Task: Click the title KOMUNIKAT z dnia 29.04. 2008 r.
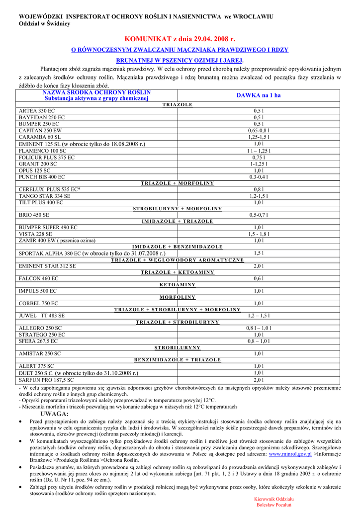point(180,39)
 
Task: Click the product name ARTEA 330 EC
point(37,111)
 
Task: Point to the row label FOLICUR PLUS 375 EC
point(47,157)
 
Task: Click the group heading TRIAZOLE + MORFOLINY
point(178,183)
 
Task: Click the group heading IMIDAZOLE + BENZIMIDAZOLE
point(178,247)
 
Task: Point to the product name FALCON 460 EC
point(38,279)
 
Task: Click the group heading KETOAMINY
point(178,285)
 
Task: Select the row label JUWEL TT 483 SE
point(42,316)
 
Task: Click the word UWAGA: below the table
point(54,414)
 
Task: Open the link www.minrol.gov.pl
point(290,454)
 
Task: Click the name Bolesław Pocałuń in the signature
point(274,505)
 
